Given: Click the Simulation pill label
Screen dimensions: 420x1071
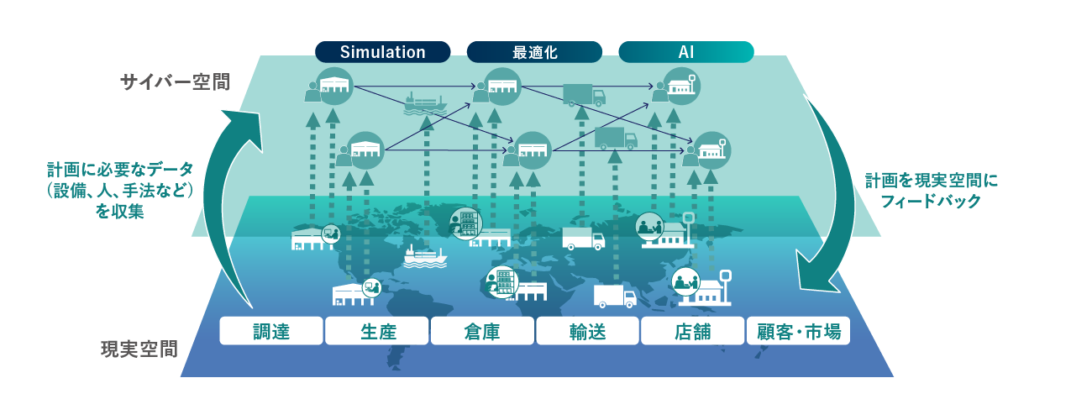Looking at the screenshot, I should [x=382, y=52].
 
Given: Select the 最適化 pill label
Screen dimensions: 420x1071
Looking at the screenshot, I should [x=534, y=52].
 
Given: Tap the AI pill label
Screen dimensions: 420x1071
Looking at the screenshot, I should [x=685, y=52].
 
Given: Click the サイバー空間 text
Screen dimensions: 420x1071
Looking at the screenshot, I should [x=175, y=82].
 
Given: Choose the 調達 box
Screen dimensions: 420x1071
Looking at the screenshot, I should [x=271, y=331].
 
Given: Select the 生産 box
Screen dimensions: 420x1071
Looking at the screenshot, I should [x=376, y=331].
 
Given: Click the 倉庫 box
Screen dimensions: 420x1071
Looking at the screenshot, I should [x=482, y=331].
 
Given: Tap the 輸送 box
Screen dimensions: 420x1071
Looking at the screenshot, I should [x=587, y=331].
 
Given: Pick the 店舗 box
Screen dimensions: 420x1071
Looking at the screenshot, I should [x=693, y=331].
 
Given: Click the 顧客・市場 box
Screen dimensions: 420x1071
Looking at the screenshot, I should [x=799, y=331].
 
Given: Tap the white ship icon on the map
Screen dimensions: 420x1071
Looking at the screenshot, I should [x=425, y=256].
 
